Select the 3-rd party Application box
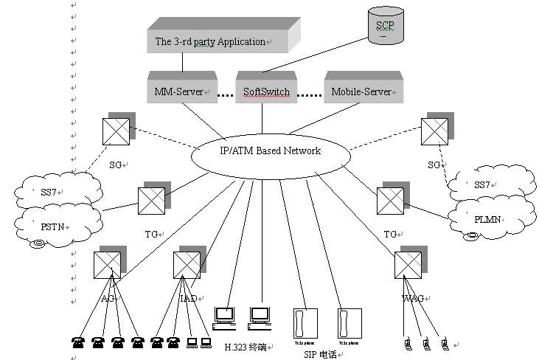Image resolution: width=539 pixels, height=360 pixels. click(x=213, y=41)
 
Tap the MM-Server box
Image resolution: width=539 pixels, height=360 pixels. click(x=179, y=92)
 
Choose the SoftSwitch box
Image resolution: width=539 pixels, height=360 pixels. click(x=267, y=92)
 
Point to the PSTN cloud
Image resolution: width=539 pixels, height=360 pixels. click(x=56, y=224)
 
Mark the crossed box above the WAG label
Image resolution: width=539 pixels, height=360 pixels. click(x=407, y=264)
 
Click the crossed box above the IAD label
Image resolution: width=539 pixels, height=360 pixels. click(x=185, y=264)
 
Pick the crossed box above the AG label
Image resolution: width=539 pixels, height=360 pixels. click(x=105, y=264)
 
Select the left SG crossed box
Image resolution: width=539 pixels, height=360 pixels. click(x=116, y=133)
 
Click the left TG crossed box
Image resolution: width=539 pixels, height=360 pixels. click(x=150, y=199)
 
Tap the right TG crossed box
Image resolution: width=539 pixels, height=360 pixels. click(x=389, y=200)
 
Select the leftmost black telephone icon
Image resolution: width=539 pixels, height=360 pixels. click(x=77, y=342)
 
